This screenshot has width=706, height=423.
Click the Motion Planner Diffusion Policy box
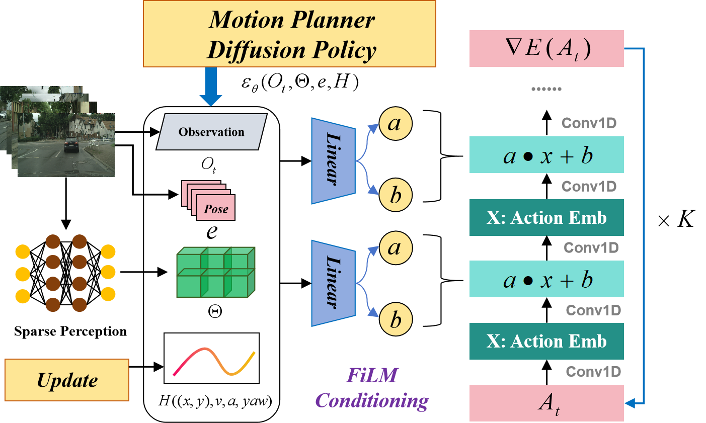(289, 34)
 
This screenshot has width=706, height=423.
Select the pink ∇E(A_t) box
(546, 48)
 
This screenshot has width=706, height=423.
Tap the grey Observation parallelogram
(211, 132)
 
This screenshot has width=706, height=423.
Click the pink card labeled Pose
(216, 209)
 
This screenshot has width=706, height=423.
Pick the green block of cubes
(216, 272)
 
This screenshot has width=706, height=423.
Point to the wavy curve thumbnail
(211, 358)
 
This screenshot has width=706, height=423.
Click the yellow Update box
(67, 380)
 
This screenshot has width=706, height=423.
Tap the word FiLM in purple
(372, 375)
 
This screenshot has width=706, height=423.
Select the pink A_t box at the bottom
(546, 403)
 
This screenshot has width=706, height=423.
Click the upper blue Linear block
(333, 161)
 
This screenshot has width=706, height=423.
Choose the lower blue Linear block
(333, 283)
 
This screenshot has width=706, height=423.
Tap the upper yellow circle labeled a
(396, 124)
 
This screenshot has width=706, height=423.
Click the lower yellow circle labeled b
(396, 319)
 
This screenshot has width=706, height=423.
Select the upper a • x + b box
(546, 155)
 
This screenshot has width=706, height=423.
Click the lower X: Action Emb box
(546, 342)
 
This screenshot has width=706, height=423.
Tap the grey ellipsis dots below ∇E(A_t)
(546, 89)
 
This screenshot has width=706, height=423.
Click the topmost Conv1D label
(589, 123)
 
